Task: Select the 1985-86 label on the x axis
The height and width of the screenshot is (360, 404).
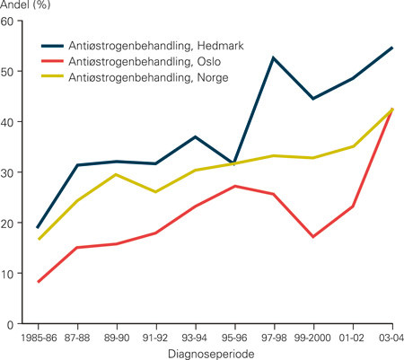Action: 39,338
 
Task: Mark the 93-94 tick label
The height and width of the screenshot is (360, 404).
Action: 196,338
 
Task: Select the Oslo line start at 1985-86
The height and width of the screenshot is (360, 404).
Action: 39,282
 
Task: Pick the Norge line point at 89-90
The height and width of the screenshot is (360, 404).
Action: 117,174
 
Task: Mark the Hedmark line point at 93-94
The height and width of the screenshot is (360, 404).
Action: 196,136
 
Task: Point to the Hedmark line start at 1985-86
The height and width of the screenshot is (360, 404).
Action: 39,228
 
